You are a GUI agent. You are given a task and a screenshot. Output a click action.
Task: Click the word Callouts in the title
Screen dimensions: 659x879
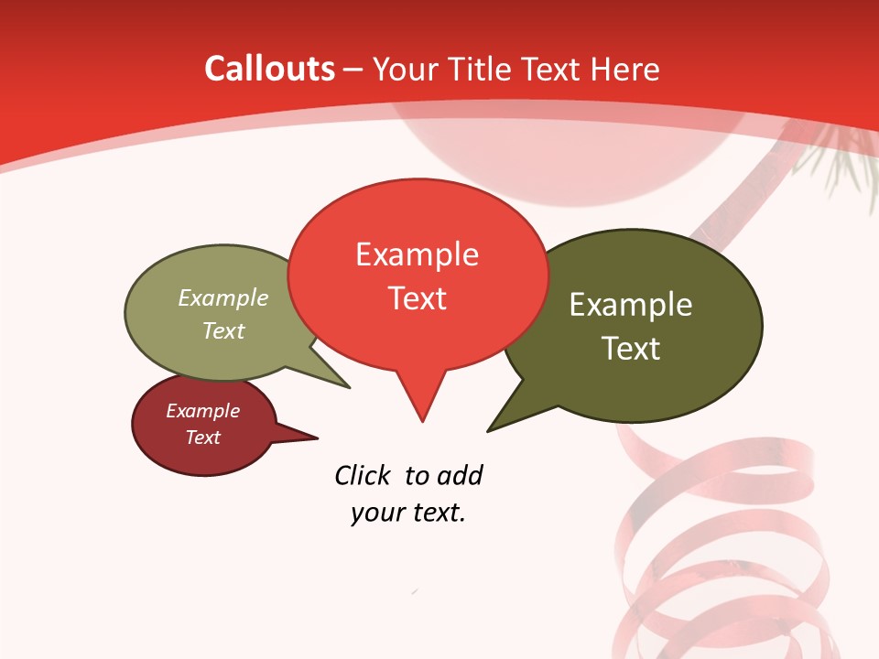[269, 69]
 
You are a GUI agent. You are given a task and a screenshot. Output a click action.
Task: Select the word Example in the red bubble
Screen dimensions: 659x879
[417, 254]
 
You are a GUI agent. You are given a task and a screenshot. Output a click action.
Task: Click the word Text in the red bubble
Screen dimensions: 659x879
[417, 298]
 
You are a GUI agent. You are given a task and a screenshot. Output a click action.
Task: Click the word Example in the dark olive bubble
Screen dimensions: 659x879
[631, 305]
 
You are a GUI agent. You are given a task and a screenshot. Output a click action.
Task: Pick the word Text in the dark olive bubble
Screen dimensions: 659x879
[631, 349]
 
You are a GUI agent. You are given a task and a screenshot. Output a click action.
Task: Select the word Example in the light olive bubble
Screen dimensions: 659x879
[223, 298]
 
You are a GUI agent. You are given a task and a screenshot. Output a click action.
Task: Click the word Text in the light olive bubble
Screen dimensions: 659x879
[223, 330]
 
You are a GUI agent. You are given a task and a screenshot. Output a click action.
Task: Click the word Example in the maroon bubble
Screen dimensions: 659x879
[202, 411]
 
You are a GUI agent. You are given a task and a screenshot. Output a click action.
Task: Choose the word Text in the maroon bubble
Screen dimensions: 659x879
[202, 438]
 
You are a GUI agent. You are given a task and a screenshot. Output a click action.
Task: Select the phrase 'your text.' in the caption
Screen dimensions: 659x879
[408, 513]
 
